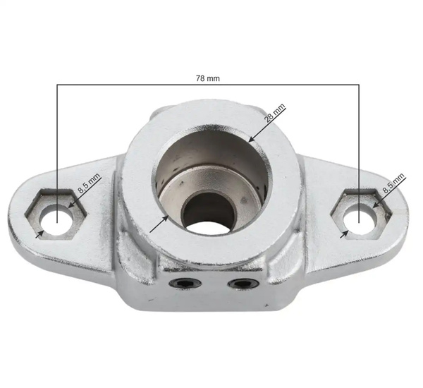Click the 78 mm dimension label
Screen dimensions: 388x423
209,78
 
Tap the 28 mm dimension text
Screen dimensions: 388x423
274,116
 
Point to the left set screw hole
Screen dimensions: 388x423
185,283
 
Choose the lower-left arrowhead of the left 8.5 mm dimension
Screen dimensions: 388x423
40,232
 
